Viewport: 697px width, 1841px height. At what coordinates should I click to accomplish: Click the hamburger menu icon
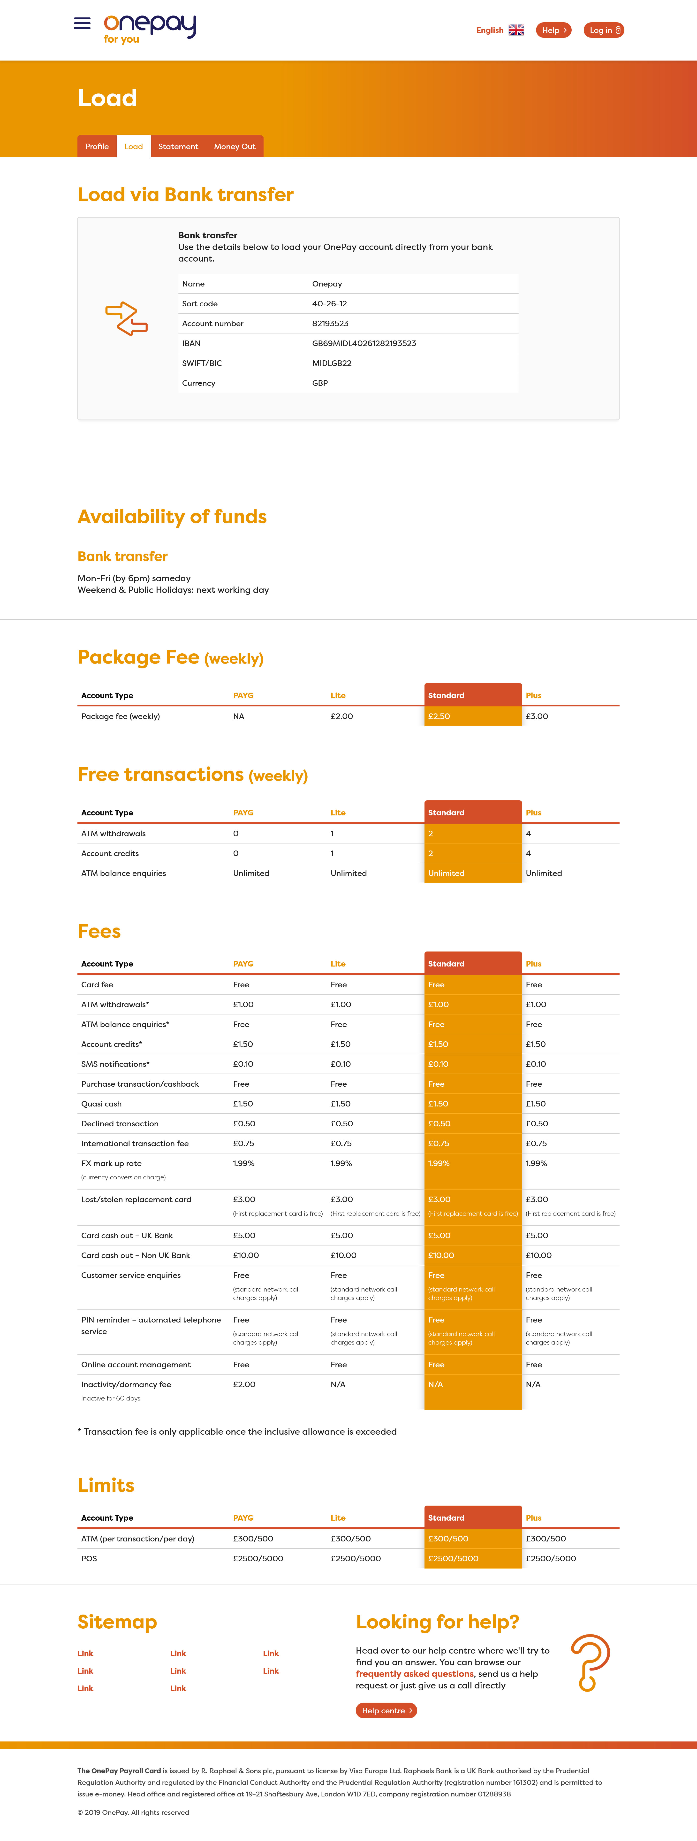tap(82, 23)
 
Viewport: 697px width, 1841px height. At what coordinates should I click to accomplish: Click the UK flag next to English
tap(516, 30)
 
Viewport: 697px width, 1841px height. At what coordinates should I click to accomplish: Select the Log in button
tap(603, 30)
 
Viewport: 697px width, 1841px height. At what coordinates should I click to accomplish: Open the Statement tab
tap(178, 147)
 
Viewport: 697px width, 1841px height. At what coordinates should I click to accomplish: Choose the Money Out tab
tap(234, 147)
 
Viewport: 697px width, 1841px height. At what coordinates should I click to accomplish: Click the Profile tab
tap(97, 147)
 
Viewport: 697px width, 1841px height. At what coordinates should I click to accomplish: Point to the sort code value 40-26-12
tap(329, 304)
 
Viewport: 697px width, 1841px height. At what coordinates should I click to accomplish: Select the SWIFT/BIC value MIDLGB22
tap(331, 363)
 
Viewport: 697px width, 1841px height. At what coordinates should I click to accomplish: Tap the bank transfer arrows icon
tap(126, 319)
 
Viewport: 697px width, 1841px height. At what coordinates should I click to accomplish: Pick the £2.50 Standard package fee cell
tap(439, 716)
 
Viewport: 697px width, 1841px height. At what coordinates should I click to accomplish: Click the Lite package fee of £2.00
tap(341, 716)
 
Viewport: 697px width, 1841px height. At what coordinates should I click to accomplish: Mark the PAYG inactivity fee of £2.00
tap(244, 1384)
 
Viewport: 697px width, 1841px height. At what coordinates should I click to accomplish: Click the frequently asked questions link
tap(414, 1674)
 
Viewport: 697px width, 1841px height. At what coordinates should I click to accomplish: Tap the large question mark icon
tap(590, 1662)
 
